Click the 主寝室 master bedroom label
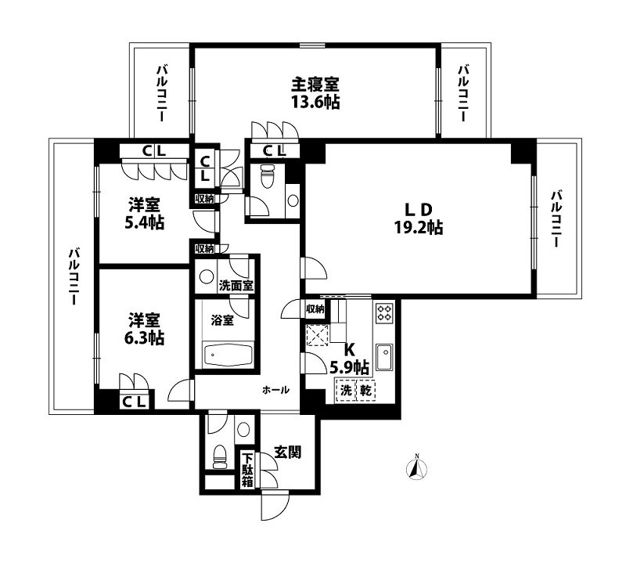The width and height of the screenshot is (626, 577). coord(315,84)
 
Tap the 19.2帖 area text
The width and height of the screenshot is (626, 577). coord(419,229)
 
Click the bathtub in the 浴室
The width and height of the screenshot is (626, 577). coord(227,355)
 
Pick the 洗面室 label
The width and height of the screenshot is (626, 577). coord(235,286)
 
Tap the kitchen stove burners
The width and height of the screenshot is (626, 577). coord(384,313)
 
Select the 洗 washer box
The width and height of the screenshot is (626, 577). coord(345,389)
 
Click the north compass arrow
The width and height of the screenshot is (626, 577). coord(417,468)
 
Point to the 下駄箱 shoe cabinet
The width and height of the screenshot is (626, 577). coord(247,471)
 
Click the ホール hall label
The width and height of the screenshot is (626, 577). coord(275,389)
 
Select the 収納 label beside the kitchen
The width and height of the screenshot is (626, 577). coord(315,309)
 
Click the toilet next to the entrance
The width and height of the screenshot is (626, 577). coord(221,454)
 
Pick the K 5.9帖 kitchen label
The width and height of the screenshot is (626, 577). coord(350,359)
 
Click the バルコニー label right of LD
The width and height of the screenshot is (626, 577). coord(556,219)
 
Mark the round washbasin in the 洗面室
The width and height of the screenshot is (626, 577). coord(206,276)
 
